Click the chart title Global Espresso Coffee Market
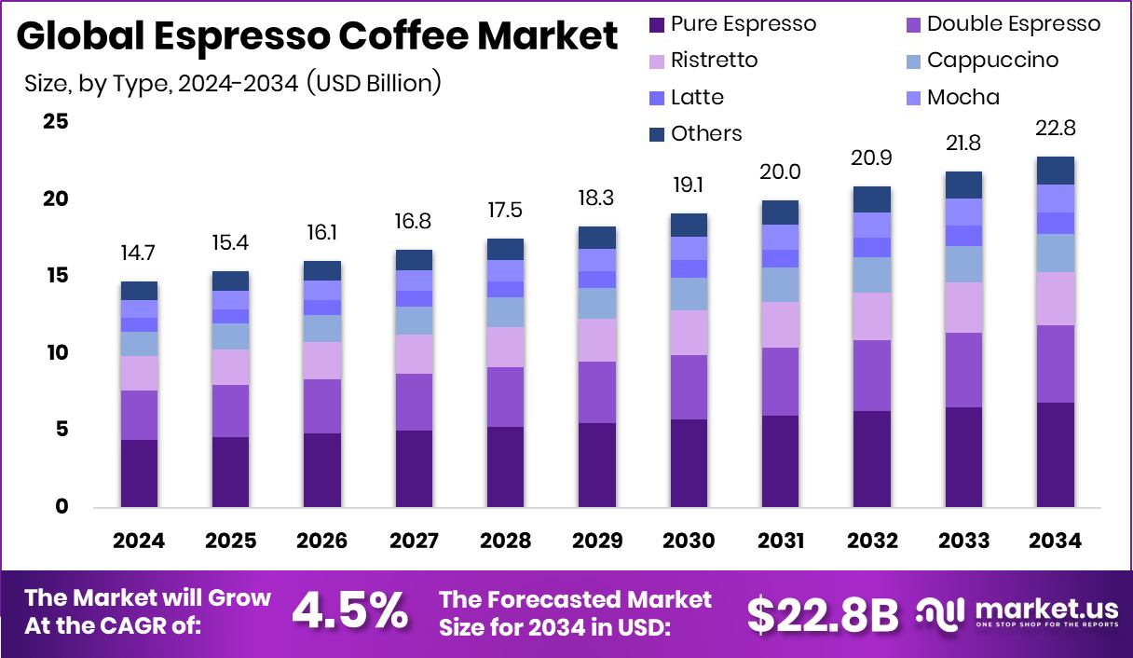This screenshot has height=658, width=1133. point(317,37)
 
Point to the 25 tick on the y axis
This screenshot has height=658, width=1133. point(56,121)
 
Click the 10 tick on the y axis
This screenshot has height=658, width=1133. point(56,352)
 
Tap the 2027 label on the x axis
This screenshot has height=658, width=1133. point(414,541)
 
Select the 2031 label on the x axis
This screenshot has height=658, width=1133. point(780,541)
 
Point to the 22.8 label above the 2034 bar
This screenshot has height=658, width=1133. point(1055,128)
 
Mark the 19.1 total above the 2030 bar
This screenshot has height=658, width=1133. point(689,185)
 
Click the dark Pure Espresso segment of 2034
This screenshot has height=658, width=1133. point(1055,455)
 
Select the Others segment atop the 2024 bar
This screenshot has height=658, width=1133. point(139,291)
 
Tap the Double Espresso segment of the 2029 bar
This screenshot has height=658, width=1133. point(596,392)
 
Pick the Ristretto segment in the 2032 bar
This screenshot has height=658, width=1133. point(871,316)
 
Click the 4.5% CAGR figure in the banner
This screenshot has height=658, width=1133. point(350,611)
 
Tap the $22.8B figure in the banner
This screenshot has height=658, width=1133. point(823,614)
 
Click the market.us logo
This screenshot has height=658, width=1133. point(1017,612)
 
